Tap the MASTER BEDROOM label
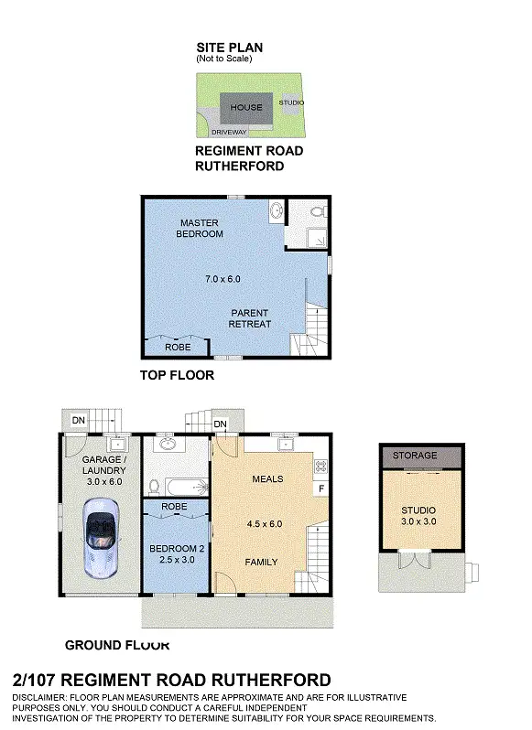[201, 228]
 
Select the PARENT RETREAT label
[250, 318]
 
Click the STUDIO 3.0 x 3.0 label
[418, 516]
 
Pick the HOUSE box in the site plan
[245, 108]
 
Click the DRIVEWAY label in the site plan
[229, 133]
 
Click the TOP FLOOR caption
[177, 375]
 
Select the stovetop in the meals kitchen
[321, 466]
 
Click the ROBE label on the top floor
[177, 348]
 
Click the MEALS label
[266, 478]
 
